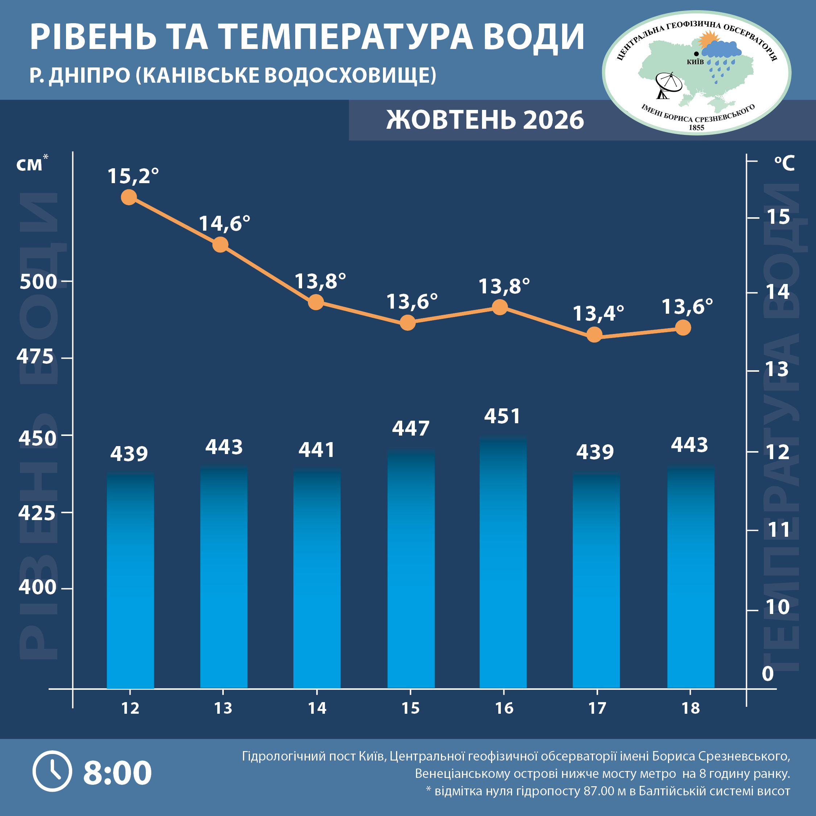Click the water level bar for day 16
pyautogui.click(x=503, y=562)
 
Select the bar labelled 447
pyautogui.click(x=411, y=569)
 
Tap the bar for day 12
pyautogui.click(x=131, y=580)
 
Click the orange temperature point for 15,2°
pyautogui.click(x=129, y=197)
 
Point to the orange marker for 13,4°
pyautogui.click(x=594, y=335)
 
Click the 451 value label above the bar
pyautogui.click(x=502, y=416)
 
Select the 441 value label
pyautogui.click(x=317, y=450)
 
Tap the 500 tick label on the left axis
pyautogui.click(x=38, y=282)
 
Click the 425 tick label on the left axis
pyautogui.click(x=37, y=513)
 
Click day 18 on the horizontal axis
pyautogui.click(x=691, y=708)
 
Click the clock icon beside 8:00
pyautogui.click(x=52, y=771)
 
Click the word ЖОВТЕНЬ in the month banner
pyautogui.click(x=451, y=120)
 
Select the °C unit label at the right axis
pyautogui.click(x=784, y=163)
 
